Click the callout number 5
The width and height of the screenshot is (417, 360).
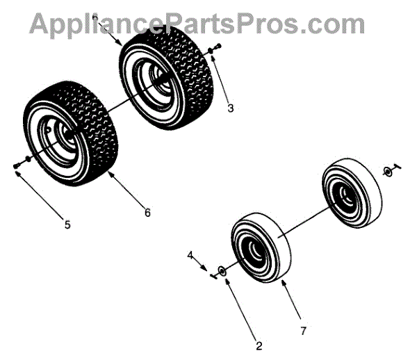(x=67, y=224)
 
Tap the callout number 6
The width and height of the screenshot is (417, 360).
(x=147, y=213)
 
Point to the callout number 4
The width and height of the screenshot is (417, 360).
(x=190, y=256)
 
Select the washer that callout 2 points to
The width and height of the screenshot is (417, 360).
(x=221, y=270)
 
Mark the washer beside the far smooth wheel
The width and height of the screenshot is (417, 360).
(x=386, y=171)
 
